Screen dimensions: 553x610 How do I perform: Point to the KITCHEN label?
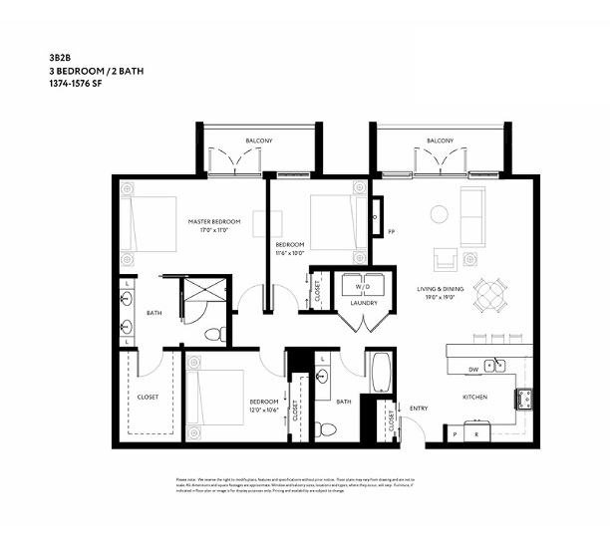point(474,397)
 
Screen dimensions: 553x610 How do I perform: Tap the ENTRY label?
point(420,407)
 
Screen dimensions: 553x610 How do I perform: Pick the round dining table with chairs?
point(489,295)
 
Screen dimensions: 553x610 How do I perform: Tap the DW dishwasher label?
point(473,370)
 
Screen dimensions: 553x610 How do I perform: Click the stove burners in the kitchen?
point(524,400)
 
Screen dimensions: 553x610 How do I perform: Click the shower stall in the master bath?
point(204,297)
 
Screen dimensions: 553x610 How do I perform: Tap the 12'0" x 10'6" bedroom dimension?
point(264,410)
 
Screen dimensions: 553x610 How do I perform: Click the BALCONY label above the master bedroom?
point(258,141)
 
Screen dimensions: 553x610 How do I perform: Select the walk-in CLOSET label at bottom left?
point(149,397)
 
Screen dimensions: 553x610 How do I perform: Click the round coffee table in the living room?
point(439,213)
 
